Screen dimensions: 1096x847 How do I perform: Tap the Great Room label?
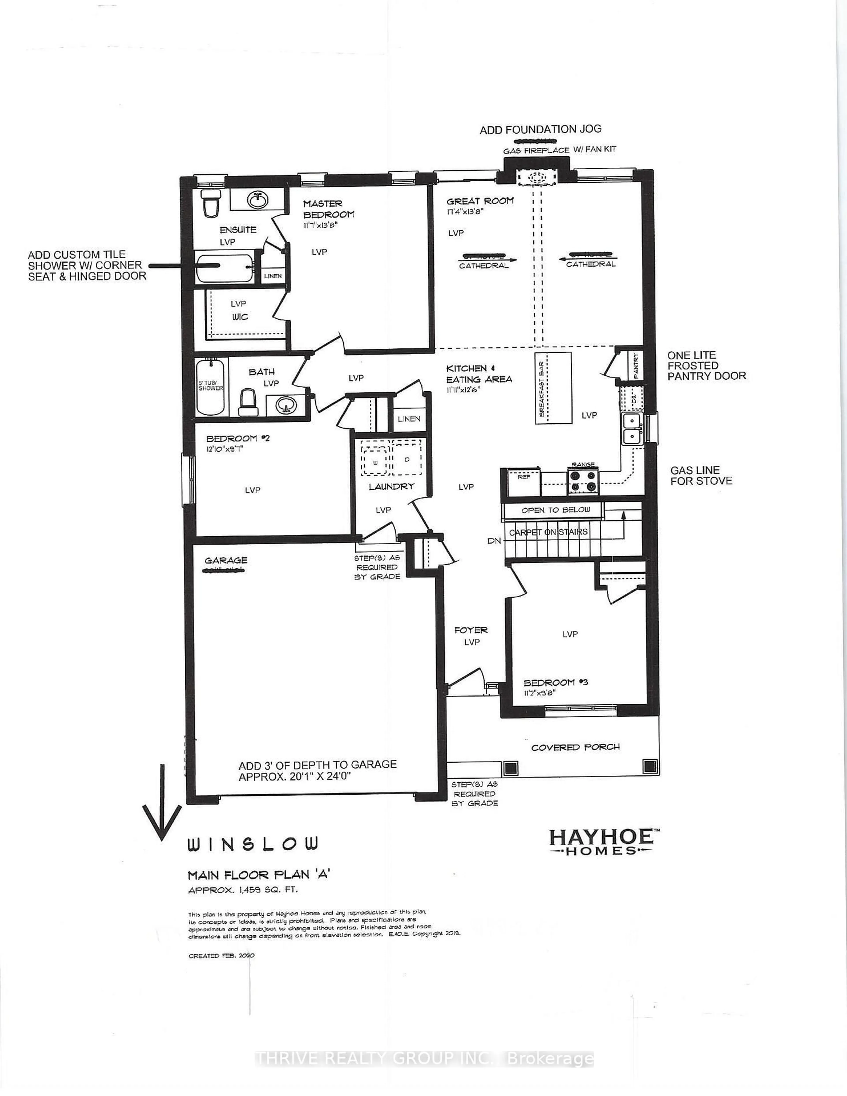point(480,201)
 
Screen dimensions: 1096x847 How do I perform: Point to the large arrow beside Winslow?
point(162,802)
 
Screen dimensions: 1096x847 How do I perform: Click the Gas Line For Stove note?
point(701,475)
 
